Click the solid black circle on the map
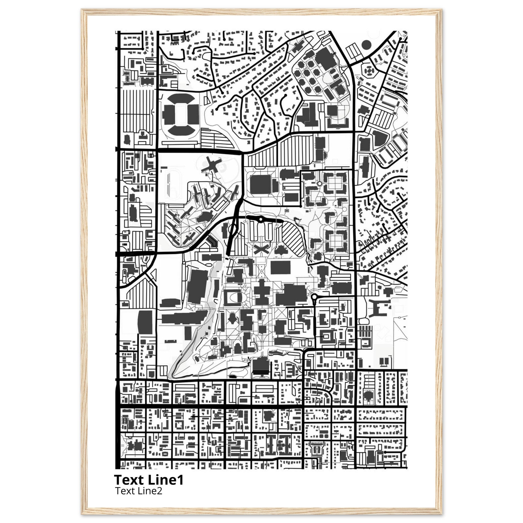[x=366, y=45]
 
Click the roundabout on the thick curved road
[x=260, y=220]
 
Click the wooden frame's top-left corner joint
[x=85, y=12]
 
